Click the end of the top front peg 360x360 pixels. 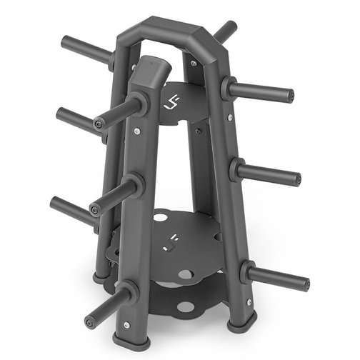coord(101,124)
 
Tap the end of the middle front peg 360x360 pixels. coord(95,209)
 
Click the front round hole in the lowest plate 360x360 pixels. coord(186,307)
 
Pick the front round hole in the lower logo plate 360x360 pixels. coord(184,274)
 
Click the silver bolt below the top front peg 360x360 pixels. coord(136,131)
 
